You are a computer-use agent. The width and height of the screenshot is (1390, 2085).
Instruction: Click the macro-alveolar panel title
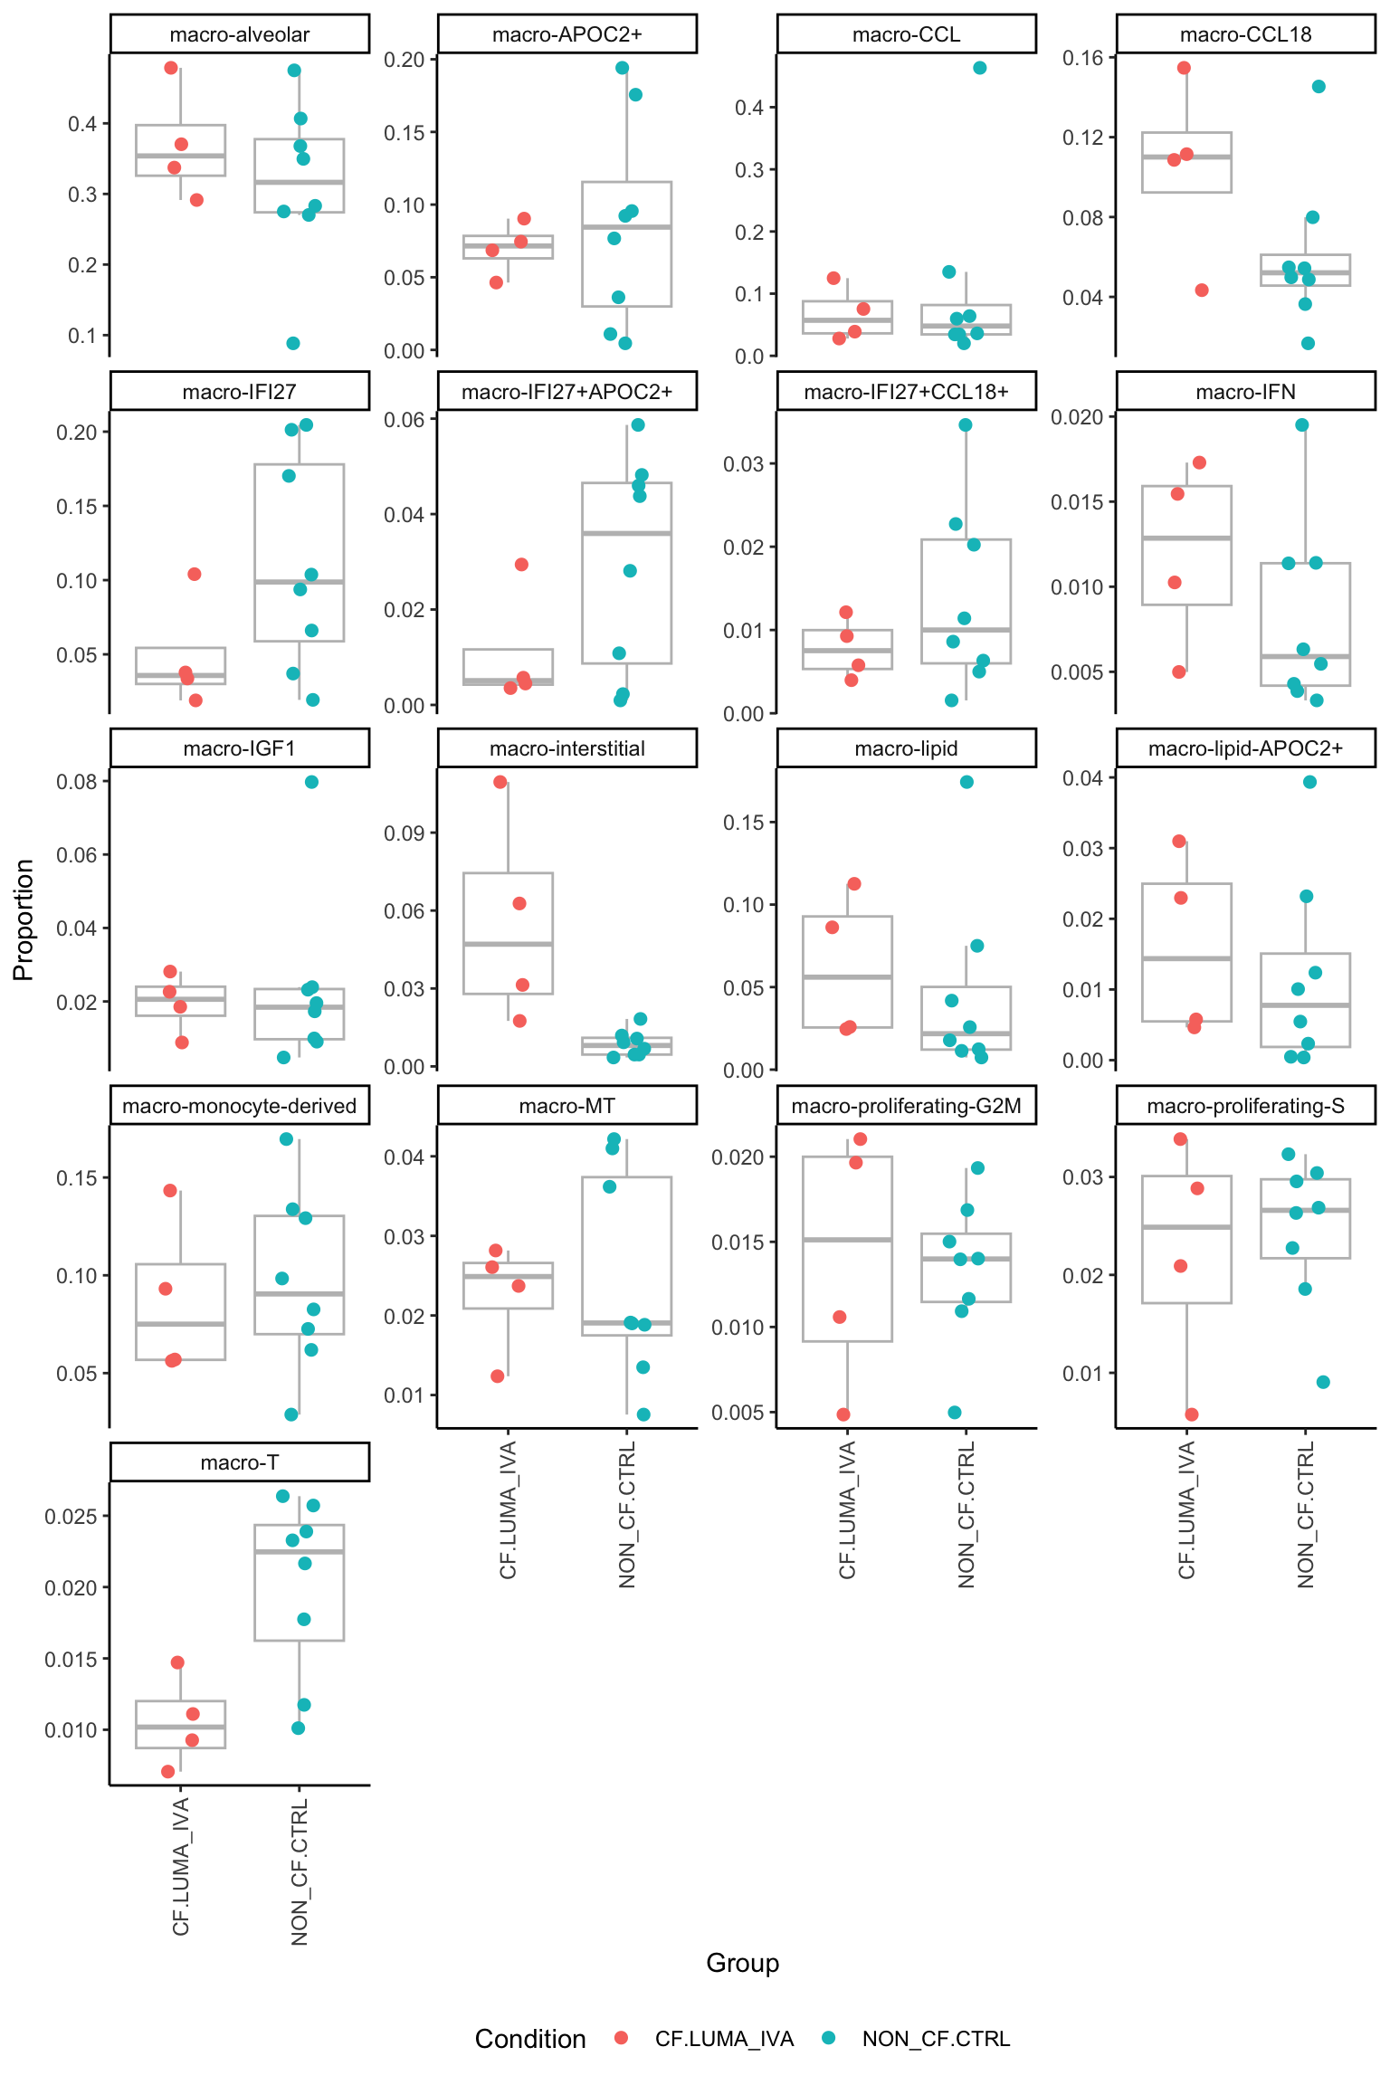pos(239,34)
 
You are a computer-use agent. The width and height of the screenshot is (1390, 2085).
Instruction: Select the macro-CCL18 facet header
pos(1245,34)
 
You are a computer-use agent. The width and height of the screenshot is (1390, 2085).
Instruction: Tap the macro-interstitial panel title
pos(566,748)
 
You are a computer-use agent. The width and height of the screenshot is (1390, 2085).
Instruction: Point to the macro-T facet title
pos(239,1462)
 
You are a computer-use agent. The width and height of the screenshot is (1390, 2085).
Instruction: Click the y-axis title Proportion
pos(24,919)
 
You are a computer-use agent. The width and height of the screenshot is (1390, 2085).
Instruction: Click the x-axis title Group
pos(742,1963)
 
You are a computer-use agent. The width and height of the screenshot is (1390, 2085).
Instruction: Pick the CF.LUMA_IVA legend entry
pos(724,2039)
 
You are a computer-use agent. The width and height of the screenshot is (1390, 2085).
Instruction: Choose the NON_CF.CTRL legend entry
pos(936,2039)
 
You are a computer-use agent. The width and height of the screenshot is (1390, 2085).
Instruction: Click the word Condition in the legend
pos(530,2039)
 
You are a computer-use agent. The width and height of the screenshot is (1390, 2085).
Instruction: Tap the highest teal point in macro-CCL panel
pos(979,68)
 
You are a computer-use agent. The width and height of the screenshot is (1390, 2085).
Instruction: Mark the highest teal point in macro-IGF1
pos(311,782)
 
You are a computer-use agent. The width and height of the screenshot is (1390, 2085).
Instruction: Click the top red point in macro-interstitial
pos(500,782)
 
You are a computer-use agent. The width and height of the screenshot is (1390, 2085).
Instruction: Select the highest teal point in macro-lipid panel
pos(966,782)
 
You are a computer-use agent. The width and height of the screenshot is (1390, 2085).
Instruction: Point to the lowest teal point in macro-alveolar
pos(293,343)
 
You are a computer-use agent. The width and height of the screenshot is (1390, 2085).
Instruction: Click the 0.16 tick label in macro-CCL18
pos(1083,58)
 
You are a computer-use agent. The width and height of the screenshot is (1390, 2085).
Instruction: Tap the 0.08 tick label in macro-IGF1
pos(77,782)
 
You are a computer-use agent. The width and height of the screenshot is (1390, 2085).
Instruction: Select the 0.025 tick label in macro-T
pos(71,1517)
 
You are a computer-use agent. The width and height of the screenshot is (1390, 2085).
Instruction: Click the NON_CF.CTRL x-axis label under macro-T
pos(300,1872)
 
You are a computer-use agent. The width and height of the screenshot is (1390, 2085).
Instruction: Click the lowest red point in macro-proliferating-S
pos(1192,1414)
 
